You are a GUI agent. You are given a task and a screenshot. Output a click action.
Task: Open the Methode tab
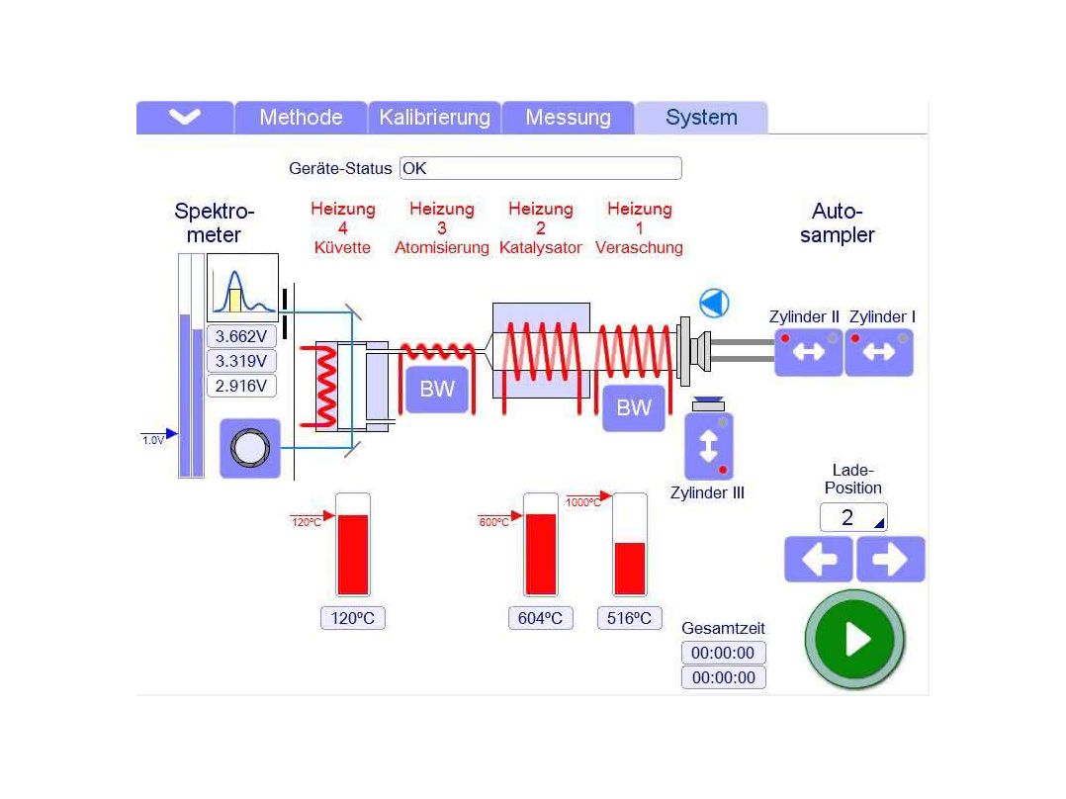click(301, 117)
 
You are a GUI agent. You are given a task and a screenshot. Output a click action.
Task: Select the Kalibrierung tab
click(434, 117)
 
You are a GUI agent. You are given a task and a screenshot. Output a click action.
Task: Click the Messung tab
click(568, 117)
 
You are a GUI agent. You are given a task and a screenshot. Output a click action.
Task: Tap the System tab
click(701, 117)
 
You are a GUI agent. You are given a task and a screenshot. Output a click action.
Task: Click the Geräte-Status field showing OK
click(541, 168)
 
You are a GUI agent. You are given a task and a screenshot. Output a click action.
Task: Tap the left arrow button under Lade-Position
click(819, 559)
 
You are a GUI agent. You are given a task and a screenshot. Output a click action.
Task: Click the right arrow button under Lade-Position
click(891, 559)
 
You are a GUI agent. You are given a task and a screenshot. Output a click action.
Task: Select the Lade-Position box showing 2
click(853, 517)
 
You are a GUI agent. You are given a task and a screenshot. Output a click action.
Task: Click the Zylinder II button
click(808, 352)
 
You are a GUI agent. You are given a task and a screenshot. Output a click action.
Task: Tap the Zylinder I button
click(879, 352)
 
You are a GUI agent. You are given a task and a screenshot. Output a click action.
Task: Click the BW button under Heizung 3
click(437, 389)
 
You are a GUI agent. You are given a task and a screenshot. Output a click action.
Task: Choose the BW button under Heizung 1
click(634, 408)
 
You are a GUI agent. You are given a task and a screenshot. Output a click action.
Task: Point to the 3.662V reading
click(241, 336)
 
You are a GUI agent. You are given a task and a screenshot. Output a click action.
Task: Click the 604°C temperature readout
click(541, 618)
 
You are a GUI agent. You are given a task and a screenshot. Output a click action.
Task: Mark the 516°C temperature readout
click(629, 618)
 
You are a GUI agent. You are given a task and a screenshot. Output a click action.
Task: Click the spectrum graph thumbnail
click(242, 287)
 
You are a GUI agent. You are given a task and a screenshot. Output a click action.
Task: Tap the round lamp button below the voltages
click(250, 448)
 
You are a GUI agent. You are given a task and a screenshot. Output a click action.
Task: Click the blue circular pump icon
click(715, 304)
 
